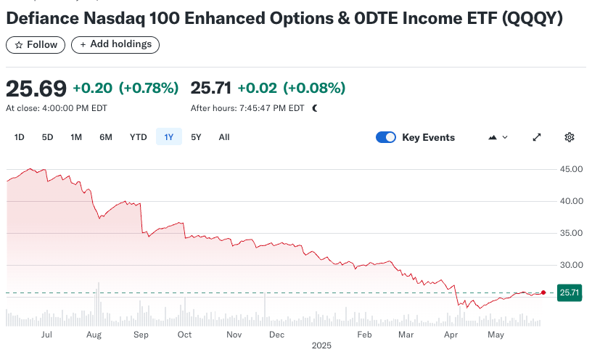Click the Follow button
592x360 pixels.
click(36, 45)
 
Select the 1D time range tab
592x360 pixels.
click(20, 137)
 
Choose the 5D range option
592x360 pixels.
click(47, 137)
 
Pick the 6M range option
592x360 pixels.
click(106, 137)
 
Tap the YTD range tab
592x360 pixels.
click(138, 137)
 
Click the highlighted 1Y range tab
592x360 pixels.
click(169, 137)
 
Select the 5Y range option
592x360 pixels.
click(196, 137)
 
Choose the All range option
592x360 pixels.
click(224, 137)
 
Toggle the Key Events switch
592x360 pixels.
click(386, 137)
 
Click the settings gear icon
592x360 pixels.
click(570, 137)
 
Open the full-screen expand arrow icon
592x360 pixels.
click(537, 137)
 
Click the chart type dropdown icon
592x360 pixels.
click(499, 137)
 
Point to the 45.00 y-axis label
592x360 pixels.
click(572, 169)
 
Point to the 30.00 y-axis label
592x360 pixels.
click(572, 265)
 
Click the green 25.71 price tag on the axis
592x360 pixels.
click(568, 293)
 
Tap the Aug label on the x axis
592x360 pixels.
click(94, 335)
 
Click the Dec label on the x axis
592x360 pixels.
click(276, 335)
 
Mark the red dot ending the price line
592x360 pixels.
click(543, 292)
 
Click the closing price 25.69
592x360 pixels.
click(36, 89)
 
